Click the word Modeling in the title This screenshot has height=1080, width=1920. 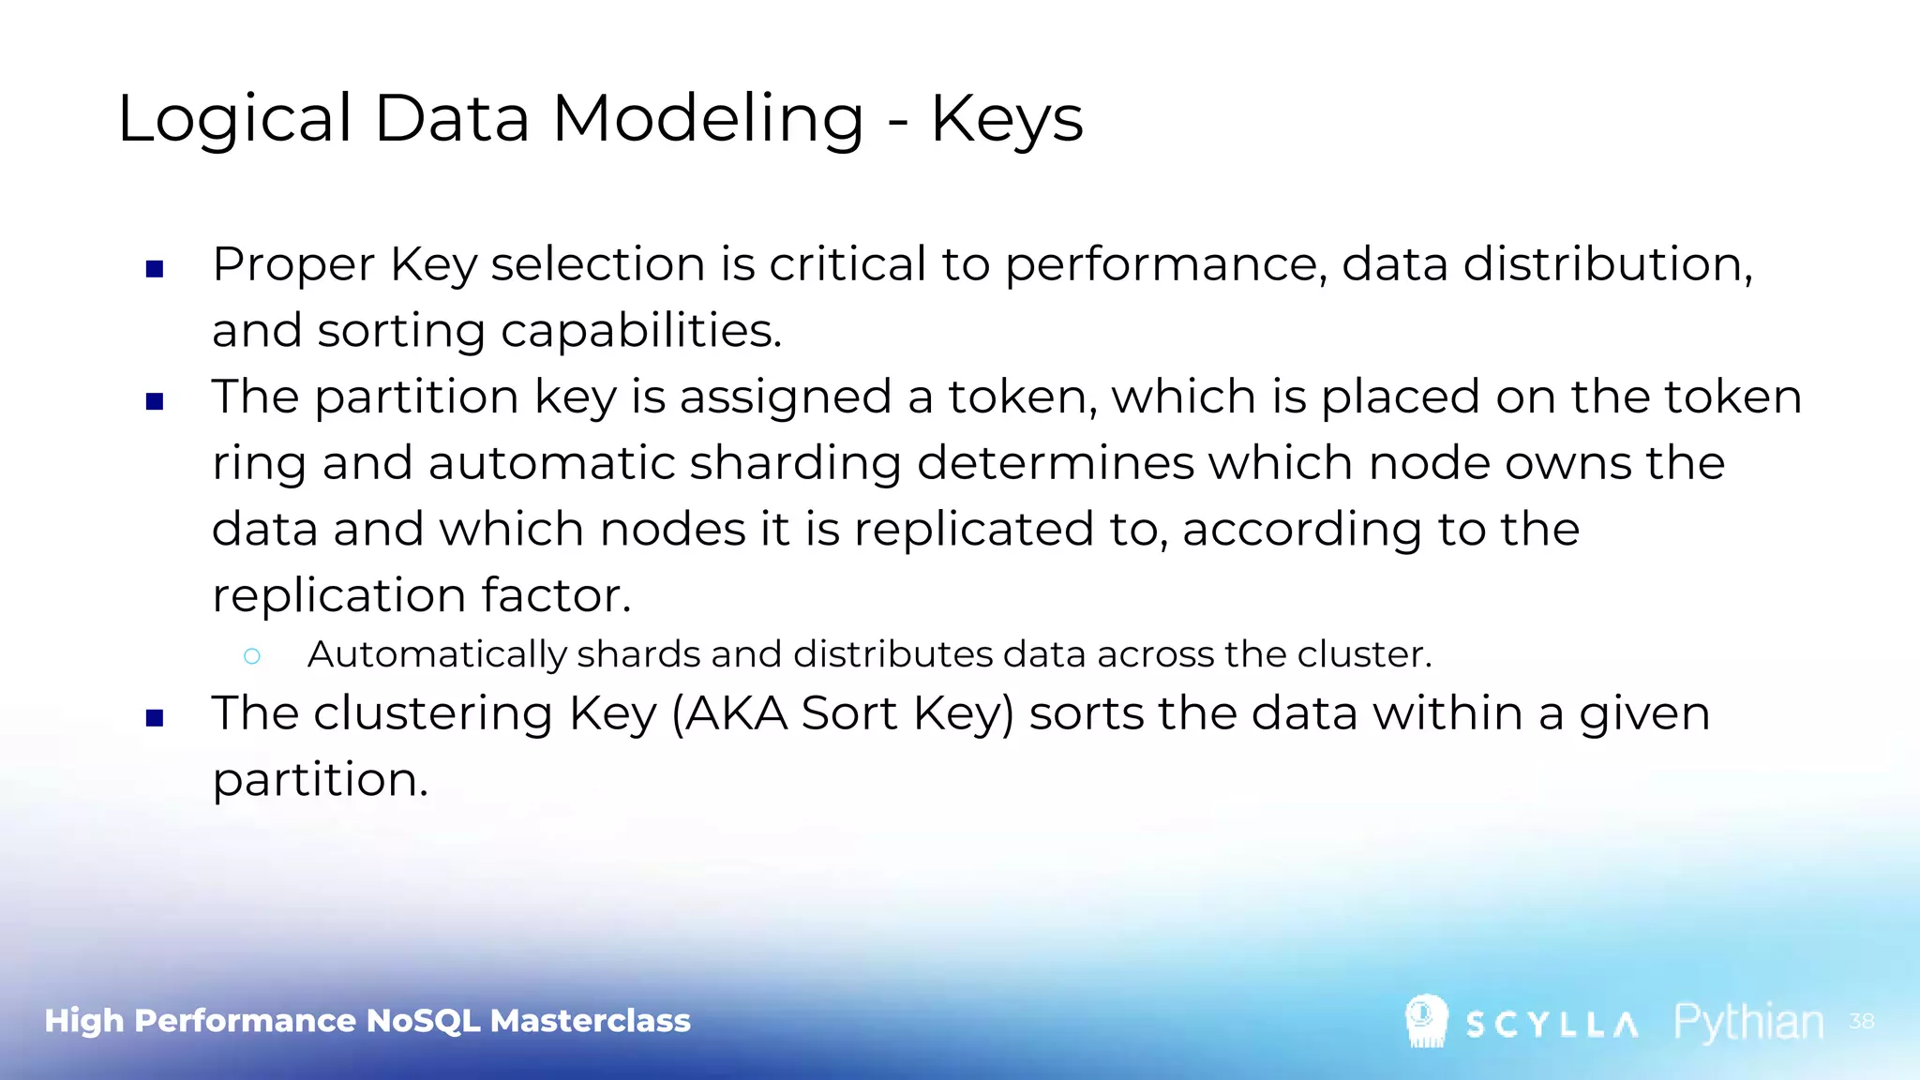pos(708,120)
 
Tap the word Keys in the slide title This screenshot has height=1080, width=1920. pos(1007,120)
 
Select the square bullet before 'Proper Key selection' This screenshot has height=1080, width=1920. pos(156,270)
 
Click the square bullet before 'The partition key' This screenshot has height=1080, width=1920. pos(156,402)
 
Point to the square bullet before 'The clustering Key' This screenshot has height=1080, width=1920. pos(156,719)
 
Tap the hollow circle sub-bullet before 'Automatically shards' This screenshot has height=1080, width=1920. pos(251,656)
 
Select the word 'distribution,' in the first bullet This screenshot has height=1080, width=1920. pos(1607,263)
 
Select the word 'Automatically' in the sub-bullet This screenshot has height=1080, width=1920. pos(437,654)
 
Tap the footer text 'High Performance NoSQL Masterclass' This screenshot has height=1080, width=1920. pos(367,1021)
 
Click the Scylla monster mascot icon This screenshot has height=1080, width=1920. pos(1426,1020)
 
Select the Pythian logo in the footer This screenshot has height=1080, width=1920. pos(1748,1022)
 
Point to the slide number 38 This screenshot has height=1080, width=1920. pos(1861,1021)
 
